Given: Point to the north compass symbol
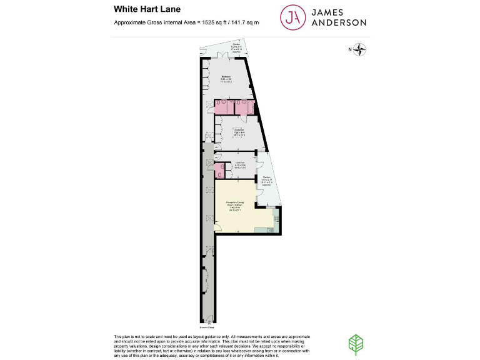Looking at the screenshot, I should (361, 49).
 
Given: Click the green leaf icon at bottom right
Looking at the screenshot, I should (354, 343).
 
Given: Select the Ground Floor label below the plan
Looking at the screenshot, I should (207, 326).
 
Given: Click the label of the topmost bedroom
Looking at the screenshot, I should (226, 79).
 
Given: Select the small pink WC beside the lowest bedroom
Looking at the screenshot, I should (219, 169).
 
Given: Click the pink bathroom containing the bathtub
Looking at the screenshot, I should (244, 107).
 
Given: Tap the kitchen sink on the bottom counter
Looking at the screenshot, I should (262, 230).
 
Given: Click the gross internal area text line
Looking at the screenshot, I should (186, 22).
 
